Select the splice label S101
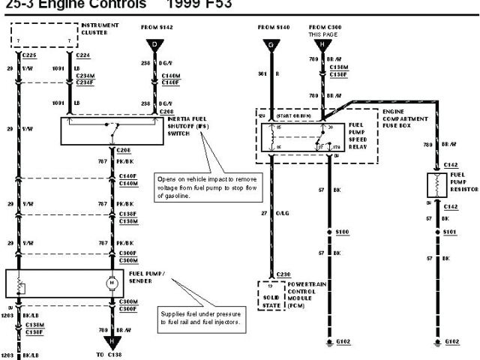coord(450,232)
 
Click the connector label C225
coord(29,55)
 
